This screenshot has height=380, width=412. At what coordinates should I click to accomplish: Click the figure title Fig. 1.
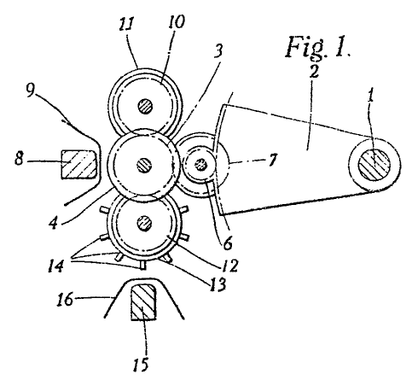tap(317, 48)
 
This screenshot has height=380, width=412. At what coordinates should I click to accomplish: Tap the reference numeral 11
tap(126, 23)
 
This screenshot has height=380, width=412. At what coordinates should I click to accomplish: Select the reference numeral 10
tap(177, 20)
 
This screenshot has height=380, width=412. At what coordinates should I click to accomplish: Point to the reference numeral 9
tap(31, 91)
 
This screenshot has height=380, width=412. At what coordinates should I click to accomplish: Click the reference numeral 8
tap(19, 158)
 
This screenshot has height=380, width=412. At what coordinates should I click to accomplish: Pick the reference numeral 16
tap(65, 299)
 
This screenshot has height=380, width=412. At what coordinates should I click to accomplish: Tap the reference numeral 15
tap(141, 364)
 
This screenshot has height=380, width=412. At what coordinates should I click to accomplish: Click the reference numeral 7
tap(272, 160)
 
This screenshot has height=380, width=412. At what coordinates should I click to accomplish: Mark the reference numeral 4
tap(53, 223)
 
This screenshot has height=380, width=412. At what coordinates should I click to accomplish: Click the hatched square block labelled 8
tap(78, 164)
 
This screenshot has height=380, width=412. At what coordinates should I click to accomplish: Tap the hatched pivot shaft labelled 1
tap(374, 164)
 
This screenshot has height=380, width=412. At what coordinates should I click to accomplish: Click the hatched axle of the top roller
tap(146, 107)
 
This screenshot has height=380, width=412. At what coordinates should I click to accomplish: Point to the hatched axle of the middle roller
tap(144, 166)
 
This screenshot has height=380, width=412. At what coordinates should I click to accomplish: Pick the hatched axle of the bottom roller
tap(144, 223)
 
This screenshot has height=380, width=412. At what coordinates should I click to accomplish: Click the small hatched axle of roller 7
tap(200, 164)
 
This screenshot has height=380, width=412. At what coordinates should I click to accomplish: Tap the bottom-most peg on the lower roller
tap(143, 265)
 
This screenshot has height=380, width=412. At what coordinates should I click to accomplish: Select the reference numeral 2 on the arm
tap(313, 72)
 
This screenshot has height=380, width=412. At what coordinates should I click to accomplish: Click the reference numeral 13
tap(218, 284)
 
